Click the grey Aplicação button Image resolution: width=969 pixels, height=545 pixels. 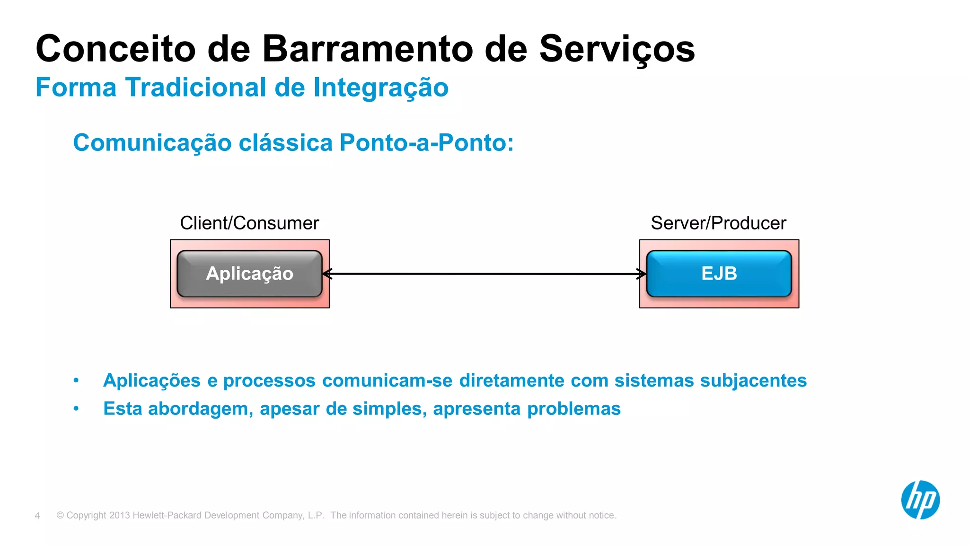(x=249, y=273)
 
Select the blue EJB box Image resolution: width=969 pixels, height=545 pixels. (x=719, y=273)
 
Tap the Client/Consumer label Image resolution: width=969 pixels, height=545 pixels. (x=249, y=223)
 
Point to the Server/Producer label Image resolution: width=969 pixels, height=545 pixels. (x=718, y=223)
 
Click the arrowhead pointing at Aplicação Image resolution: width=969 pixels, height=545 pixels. (x=326, y=273)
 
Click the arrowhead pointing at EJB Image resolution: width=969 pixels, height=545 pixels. (x=642, y=273)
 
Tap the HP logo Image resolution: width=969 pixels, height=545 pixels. (x=920, y=500)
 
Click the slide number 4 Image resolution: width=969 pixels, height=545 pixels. (x=37, y=516)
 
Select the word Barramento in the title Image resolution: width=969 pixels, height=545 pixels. (x=368, y=49)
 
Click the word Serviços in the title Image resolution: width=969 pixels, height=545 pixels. (x=617, y=49)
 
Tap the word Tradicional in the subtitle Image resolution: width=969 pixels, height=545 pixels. (x=196, y=88)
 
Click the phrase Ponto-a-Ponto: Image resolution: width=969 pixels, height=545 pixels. (x=426, y=143)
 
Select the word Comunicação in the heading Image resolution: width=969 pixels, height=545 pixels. (x=152, y=143)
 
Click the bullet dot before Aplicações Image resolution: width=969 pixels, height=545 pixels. (x=76, y=380)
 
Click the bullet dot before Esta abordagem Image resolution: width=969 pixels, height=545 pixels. (x=76, y=409)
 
